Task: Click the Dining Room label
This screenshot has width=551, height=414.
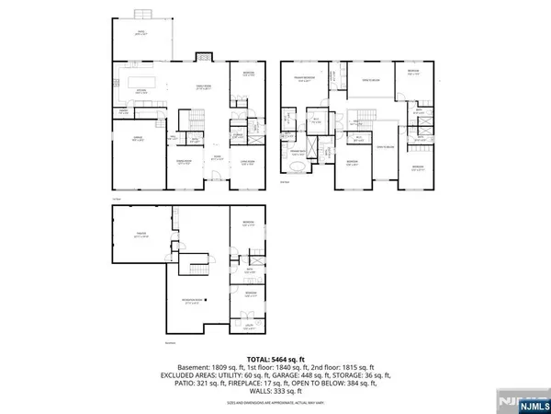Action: (184, 160)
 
